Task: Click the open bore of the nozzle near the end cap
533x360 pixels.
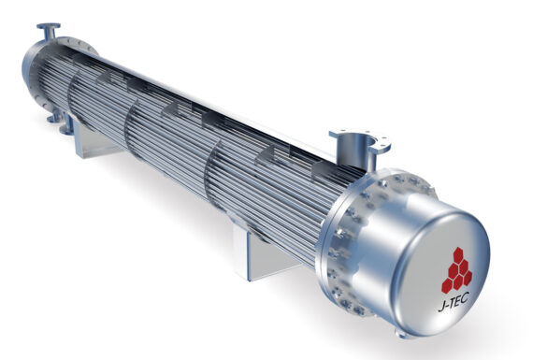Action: [x=356, y=141]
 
